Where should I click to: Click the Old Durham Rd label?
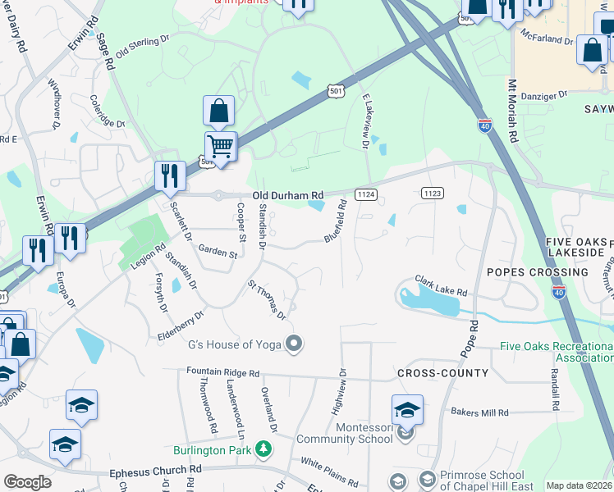point(288,195)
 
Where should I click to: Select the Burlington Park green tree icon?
point(263,449)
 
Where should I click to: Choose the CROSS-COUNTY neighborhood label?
point(442,373)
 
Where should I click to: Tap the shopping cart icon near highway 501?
point(220,147)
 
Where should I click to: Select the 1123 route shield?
point(433,193)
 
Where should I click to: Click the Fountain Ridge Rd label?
point(224,371)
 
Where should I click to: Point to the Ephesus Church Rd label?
point(155,470)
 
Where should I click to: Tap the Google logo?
point(27,482)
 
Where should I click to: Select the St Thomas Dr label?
point(268,299)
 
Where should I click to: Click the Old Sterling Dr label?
point(141,51)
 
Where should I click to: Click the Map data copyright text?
point(580,485)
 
